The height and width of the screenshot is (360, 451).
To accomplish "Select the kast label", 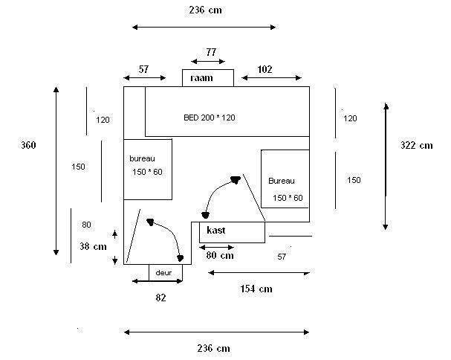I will (x=216, y=231).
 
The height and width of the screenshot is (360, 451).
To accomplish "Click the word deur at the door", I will (x=163, y=273).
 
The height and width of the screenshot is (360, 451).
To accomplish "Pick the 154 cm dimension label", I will (x=255, y=289).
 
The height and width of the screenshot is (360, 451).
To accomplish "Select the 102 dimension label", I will (x=264, y=69).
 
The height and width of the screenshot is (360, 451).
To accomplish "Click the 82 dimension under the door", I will (x=160, y=298).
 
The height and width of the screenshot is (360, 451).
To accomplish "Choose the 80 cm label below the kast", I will (x=220, y=255).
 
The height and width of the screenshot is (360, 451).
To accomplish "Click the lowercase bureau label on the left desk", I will (x=143, y=159).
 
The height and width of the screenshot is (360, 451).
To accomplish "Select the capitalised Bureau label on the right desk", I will (x=282, y=181).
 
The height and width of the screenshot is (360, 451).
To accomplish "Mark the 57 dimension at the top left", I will (x=143, y=69).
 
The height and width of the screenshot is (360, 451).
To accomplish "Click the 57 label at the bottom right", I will (x=282, y=257).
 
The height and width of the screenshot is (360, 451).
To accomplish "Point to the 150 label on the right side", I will (x=354, y=180).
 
